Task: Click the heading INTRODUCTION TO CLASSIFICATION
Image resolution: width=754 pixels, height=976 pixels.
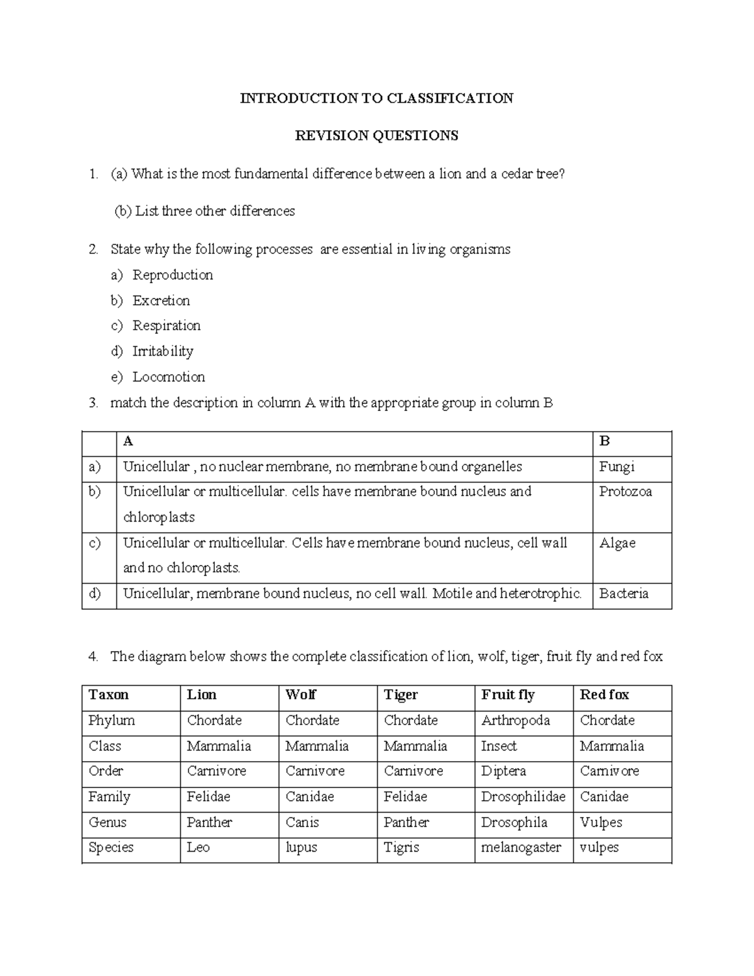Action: tap(376, 98)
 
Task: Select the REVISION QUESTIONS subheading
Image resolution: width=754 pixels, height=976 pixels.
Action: tap(376, 136)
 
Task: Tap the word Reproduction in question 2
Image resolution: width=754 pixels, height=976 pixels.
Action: tap(173, 275)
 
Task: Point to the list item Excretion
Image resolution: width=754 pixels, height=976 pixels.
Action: tap(161, 301)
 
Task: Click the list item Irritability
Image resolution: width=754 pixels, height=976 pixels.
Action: tap(163, 351)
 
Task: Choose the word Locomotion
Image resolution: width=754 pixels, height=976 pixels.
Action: tap(168, 377)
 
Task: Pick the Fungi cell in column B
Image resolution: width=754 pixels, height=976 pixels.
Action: tap(616, 467)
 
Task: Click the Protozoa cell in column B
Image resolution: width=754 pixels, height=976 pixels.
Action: tap(625, 492)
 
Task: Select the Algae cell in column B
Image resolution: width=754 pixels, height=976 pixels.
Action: tap(617, 543)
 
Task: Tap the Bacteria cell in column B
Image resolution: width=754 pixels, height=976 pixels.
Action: tap(623, 594)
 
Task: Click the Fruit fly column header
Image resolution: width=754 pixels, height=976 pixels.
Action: tap(508, 695)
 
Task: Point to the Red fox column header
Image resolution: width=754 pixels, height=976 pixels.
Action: tap(604, 695)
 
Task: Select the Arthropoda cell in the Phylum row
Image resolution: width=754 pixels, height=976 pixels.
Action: tap(515, 721)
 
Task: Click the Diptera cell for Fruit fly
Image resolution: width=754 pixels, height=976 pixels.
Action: tap(503, 771)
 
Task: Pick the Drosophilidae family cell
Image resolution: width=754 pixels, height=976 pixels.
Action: tap(523, 797)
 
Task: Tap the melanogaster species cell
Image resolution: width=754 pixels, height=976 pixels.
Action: tap(521, 848)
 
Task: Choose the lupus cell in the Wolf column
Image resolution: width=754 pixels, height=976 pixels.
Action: tap(301, 848)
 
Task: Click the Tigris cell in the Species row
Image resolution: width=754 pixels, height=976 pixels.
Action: tap(401, 848)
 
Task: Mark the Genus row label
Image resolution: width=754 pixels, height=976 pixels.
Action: tap(107, 823)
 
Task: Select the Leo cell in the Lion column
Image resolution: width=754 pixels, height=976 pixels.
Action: tap(198, 848)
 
